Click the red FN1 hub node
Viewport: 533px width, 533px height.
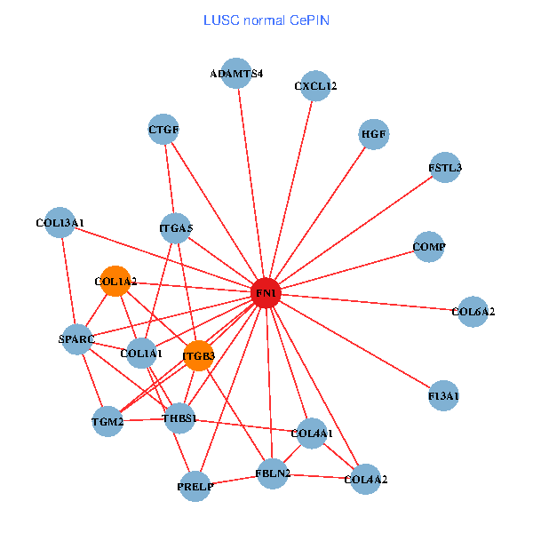[266, 292]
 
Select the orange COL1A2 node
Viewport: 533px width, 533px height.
[115, 282]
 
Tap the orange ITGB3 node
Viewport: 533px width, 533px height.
[198, 356]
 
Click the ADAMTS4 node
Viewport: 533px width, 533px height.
[236, 74]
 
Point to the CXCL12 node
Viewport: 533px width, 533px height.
[315, 86]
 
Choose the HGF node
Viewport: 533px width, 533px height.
[374, 135]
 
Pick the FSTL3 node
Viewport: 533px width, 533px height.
[444, 167]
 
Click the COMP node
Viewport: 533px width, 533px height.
[429, 246]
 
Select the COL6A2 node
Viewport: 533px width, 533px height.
[473, 312]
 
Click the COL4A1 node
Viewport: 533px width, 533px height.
[312, 434]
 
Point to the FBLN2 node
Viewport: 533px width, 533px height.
[273, 473]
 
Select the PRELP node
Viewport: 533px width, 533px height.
[195, 486]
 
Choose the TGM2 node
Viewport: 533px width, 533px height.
[107, 422]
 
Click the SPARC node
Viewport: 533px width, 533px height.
[76, 339]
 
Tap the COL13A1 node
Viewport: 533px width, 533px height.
[60, 222]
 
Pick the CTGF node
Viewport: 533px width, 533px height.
[163, 130]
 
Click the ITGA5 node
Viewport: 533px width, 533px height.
[176, 228]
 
